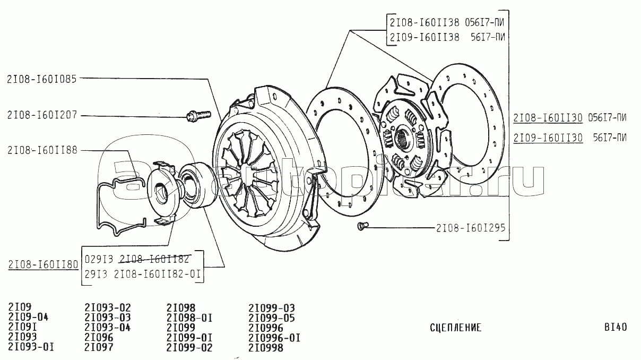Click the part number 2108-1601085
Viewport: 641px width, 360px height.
(42, 80)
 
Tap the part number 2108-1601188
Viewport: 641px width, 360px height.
(42, 151)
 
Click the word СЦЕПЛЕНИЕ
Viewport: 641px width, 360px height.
(455, 328)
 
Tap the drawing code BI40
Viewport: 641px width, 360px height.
(615, 327)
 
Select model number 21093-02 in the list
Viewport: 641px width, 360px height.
(108, 307)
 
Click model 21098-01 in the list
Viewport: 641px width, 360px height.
(189, 318)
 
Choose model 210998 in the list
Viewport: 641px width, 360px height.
(266, 348)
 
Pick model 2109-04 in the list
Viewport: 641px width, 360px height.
(29, 318)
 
